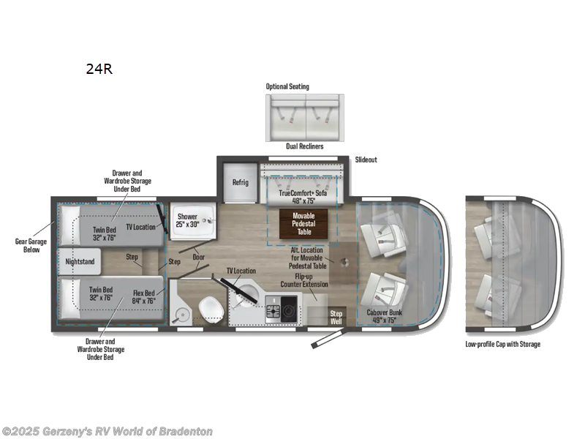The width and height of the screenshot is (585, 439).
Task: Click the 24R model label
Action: coord(99,70)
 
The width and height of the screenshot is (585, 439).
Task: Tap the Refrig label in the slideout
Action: coord(241,182)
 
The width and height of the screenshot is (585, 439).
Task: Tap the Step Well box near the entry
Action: coord(336,316)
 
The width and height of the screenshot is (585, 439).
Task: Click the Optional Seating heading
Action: coord(287,87)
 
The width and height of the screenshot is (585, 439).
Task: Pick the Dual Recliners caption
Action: coord(304,146)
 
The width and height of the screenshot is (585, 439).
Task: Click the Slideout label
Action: coord(366,160)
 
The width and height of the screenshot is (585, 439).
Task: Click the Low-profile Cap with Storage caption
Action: coord(502,344)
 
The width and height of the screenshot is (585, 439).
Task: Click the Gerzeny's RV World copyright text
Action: coord(107,432)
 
